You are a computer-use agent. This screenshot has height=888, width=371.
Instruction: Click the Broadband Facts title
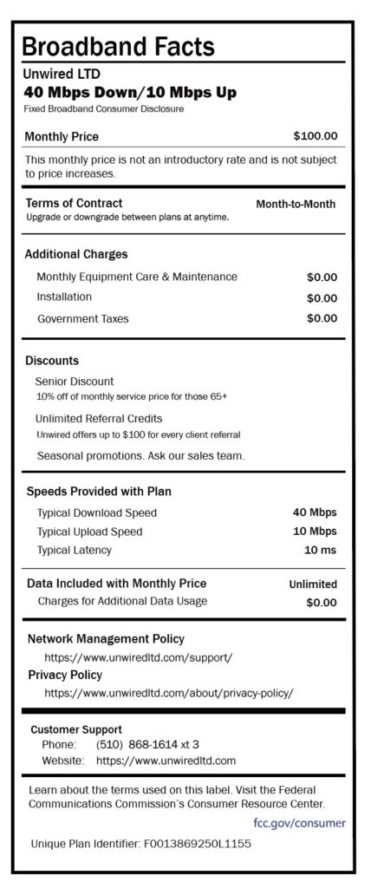pyautogui.click(x=118, y=45)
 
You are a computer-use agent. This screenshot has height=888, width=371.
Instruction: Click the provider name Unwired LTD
pyautogui.click(x=62, y=74)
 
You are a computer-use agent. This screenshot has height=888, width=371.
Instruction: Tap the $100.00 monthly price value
pyautogui.click(x=316, y=136)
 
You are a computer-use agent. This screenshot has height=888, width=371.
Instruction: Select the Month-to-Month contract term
pyautogui.click(x=296, y=205)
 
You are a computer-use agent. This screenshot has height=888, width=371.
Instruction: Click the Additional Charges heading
pyautogui.click(x=76, y=254)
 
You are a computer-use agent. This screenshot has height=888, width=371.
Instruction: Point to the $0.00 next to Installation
pyautogui.click(x=322, y=297)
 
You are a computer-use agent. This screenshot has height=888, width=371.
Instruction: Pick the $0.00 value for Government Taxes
pyautogui.click(x=322, y=318)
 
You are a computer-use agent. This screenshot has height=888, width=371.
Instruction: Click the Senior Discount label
pyautogui.click(x=75, y=381)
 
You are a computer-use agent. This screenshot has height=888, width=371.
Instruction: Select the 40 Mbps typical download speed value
pyautogui.click(x=316, y=512)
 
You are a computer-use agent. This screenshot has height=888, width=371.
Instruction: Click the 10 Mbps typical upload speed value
pyautogui.click(x=316, y=531)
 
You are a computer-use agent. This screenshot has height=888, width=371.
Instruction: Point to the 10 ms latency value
pyautogui.click(x=320, y=550)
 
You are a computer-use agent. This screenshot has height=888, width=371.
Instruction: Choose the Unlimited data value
pyautogui.click(x=313, y=584)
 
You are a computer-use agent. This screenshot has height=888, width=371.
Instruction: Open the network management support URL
pyautogui.click(x=138, y=657)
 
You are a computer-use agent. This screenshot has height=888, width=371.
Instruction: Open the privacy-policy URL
pyautogui.click(x=169, y=693)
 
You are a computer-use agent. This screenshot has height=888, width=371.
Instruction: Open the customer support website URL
pyautogui.click(x=166, y=761)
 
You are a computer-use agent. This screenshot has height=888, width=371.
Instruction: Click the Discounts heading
pyautogui.click(x=52, y=360)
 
